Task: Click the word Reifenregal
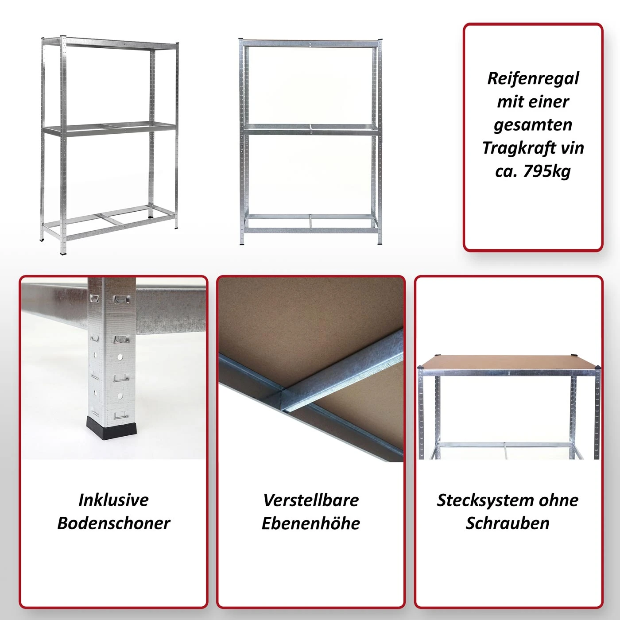pyautogui.click(x=533, y=78)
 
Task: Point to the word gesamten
pyautogui.click(x=533, y=125)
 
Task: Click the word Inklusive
pyautogui.click(x=113, y=500)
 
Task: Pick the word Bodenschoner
pyautogui.click(x=113, y=523)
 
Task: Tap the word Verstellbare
pyautogui.click(x=311, y=500)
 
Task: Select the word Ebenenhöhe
pyautogui.click(x=311, y=523)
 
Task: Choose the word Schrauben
pyautogui.click(x=508, y=523)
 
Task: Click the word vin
pyautogui.click(x=572, y=148)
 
